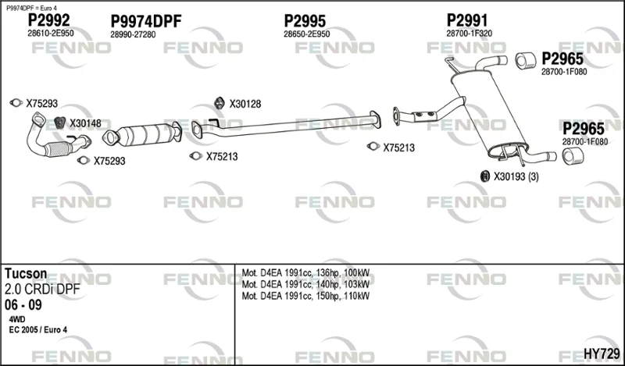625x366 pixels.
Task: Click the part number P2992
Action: [48, 20]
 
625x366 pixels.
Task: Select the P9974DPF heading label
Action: [146, 21]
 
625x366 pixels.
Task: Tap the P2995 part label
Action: [305, 21]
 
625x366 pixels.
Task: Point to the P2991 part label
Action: [466, 20]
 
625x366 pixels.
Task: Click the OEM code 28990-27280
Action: [133, 34]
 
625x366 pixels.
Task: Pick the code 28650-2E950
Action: [306, 34]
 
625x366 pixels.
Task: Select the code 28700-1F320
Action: [470, 34]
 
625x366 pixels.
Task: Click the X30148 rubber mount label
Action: [85, 123]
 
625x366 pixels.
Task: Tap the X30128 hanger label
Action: [245, 104]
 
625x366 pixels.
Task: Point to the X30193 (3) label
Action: [516, 176]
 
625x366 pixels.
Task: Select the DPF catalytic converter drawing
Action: [142, 134]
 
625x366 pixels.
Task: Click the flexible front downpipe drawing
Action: [55, 137]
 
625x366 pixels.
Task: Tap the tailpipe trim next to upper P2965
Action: [526, 61]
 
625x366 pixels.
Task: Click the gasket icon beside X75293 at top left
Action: [16, 103]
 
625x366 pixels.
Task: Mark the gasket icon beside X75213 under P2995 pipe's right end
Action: [373, 147]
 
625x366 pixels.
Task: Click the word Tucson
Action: [26, 274]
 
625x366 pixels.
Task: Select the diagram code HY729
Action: [602, 353]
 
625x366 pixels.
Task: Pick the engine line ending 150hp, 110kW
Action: [305, 296]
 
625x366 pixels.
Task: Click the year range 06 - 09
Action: [23, 305]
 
